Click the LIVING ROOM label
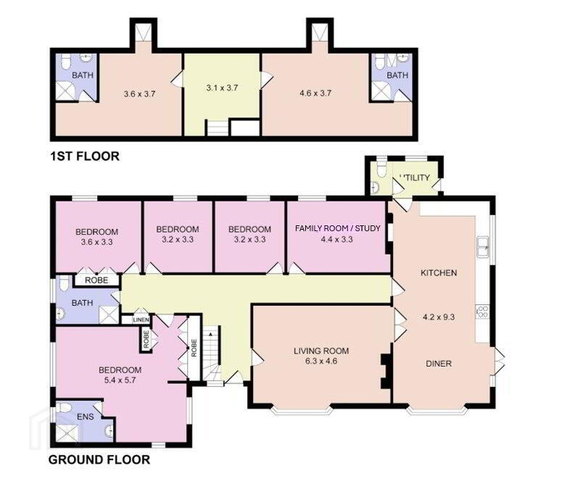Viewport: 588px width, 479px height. pos(321,351)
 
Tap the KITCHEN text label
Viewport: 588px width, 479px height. pos(439,273)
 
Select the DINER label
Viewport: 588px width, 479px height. pos(439,364)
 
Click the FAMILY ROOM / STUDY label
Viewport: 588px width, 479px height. pos(337,228)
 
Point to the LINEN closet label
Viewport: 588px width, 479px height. pos(141,320)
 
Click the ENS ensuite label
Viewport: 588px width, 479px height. pos(85,417)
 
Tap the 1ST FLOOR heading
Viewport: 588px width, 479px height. pos(85,156)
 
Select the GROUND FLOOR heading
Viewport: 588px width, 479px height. pos(99,459)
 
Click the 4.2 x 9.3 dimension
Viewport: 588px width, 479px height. pos(439,317)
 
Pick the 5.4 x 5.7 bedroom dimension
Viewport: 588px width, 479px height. pos(120,380)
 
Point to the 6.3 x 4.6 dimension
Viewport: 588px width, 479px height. pos(321,362)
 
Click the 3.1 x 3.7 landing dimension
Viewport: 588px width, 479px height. pos(222,88)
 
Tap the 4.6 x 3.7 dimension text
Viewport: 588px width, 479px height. pos(315,93)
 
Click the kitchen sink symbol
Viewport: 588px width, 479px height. pos(483,247)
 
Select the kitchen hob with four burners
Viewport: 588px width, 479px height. pos(483,312)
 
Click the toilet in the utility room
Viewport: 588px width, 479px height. pos(381,170)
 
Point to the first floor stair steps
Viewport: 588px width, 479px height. pos(217,128)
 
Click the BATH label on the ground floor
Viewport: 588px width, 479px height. pos(82,302)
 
